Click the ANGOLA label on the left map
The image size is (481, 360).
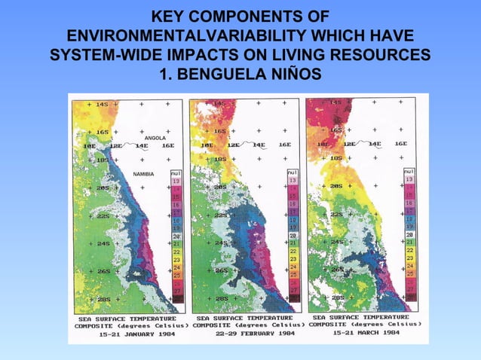(x=155, y=139)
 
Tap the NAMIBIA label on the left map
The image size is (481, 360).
(x=143, y=174)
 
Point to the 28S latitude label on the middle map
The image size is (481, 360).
(x=221, y=299)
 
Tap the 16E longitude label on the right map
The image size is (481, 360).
(x=400, y=143)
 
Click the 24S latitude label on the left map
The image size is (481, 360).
(x=103, y=244)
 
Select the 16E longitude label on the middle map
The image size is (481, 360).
(x=284, y=145)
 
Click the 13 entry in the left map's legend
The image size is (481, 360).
(x=176, y=182)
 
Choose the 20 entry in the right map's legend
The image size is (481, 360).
(x=409, y=235)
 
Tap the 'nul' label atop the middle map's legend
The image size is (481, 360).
(x=293, y=172)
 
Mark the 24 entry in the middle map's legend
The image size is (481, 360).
(x=293, y=267)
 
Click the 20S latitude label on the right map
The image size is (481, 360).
(x=336, y=185)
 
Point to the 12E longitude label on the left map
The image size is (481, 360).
(x=116, y=145)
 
